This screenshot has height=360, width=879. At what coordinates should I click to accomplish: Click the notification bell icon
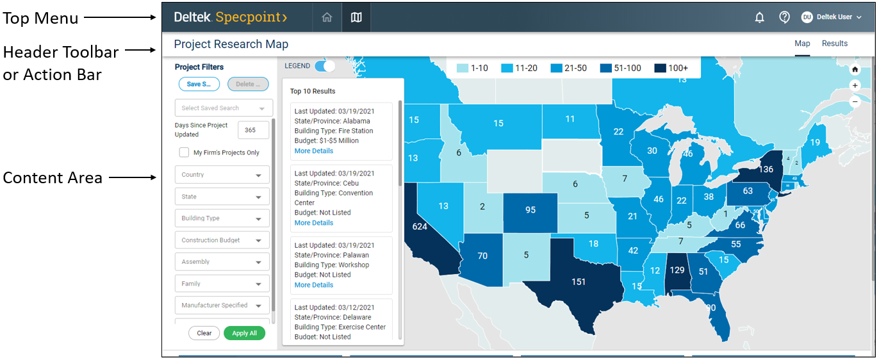pos(760,18)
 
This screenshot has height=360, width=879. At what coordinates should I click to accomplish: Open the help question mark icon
pos(784,17)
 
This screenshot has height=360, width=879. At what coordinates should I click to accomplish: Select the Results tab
pos(835,44)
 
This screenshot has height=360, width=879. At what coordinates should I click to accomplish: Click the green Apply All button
pos(244,333)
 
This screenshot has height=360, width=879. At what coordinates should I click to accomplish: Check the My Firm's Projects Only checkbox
pos(185,152)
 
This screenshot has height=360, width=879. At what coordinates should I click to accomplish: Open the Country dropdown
pos(222,175)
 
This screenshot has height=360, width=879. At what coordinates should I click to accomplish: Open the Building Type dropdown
pos(222,218)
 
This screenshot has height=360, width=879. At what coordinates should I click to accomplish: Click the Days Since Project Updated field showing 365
pos(252,130)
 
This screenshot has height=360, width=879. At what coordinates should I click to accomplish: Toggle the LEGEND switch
pos(325,66)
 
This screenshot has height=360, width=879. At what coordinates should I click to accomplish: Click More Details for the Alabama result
pos(314,151)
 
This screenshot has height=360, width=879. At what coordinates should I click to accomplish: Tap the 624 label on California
pos(420,227)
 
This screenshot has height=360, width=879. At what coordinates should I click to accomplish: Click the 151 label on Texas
pos(579,282)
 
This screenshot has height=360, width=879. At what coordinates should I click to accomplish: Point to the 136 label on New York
pos(766,170)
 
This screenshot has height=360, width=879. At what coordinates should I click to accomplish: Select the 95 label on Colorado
pos(530,210)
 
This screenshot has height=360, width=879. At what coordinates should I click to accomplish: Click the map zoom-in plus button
pos(855,85)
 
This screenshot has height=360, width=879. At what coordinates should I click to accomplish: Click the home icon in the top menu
pos(327,17)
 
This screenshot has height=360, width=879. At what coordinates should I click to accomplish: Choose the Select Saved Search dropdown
pos(224,108)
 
